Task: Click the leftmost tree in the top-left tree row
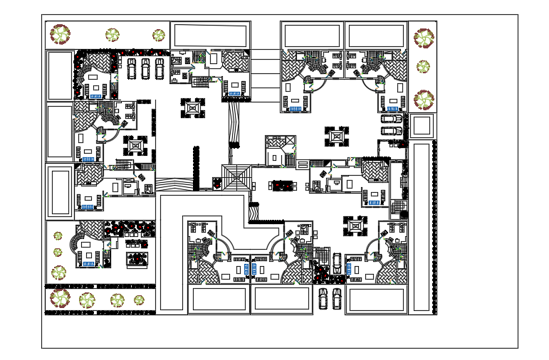60,33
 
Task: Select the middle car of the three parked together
145,68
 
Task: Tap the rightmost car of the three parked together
160,68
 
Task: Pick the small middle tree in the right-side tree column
423,67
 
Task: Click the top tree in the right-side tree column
424,38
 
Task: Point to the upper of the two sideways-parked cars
391,119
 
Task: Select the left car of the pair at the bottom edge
323,297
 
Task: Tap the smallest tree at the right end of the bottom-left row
140,300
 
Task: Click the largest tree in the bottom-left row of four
60,298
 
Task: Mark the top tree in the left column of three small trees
58,235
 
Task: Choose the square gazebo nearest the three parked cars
192,108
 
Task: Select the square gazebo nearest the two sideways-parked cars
337,136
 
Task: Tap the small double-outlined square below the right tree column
421,126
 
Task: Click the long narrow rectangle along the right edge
422,226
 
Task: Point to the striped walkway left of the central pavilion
174,184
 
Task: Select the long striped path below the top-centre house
234,125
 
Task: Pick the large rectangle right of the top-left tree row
210,35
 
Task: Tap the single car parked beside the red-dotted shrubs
337,263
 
